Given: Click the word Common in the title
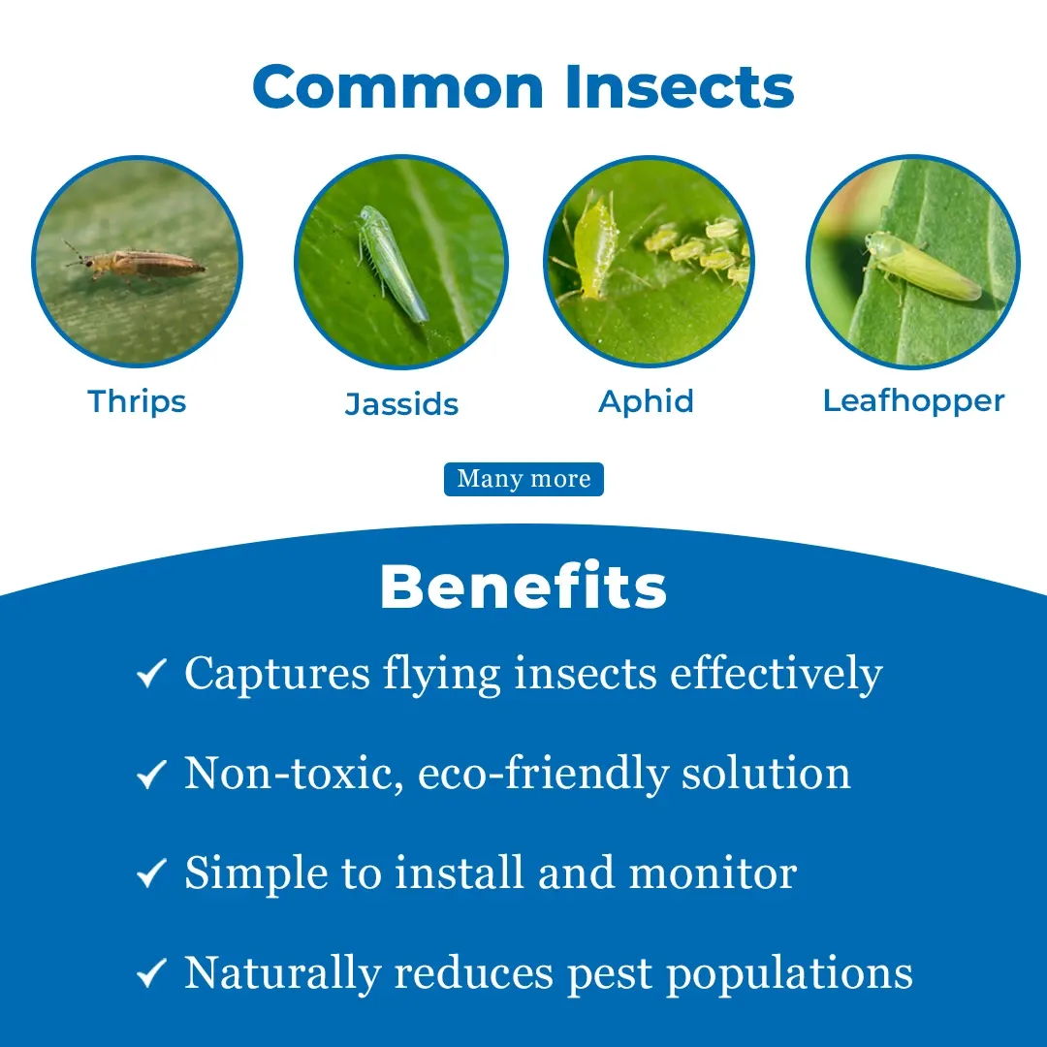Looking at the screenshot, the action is pyautogui.click(x=398, y=87).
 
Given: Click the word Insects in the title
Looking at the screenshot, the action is pyautogui.click(x=680, y=87).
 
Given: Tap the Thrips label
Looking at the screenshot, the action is pyautogui.click(x=137, y=402).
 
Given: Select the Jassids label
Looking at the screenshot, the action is pyautogui.click(x=401, y=404).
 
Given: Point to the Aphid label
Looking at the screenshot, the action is pyautogui.click(x=647, y=402).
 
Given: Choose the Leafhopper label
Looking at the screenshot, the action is pyautogui.click(x=913, y=400).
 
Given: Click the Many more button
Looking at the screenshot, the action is pyautogui.click(x=524, y=479).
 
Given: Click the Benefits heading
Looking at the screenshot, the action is pyautogui.click(x=523, y=587).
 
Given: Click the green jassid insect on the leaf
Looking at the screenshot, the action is pyautogui.click(x=391, y=264).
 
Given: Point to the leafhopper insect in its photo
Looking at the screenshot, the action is pyautogui.click(x=922, y=268).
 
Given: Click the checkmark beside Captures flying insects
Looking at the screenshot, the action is pyautogui.click(x=151, y=673).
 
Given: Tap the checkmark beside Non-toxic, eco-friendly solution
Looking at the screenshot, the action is pyautogui.click(x=151, y=774).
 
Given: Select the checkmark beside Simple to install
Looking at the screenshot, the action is pyautogui.click(x=151, y=873).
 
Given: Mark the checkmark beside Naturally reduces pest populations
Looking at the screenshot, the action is pyautogui.click(x=151, y=973).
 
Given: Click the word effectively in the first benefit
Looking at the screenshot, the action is pyautogui.click(x=777, y=675).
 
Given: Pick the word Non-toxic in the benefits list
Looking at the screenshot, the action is pyautogui.click(x=295, y=774).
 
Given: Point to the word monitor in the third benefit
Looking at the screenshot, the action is pyautogui.click(x=714, y=872).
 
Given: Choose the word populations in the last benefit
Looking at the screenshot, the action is pyautogui.click(x=790, y=973).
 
